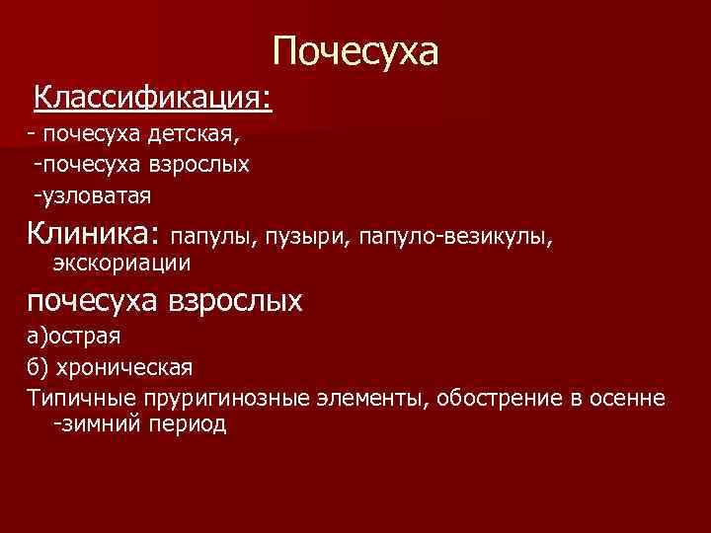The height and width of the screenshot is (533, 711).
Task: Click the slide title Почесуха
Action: (355, 51)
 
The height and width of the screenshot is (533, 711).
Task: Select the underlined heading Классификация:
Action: (153, 98)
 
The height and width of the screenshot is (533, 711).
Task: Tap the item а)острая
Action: (74, 335)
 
